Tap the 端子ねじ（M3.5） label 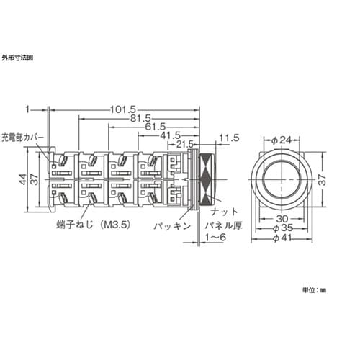coord(91,225)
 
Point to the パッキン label coord(173,225)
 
